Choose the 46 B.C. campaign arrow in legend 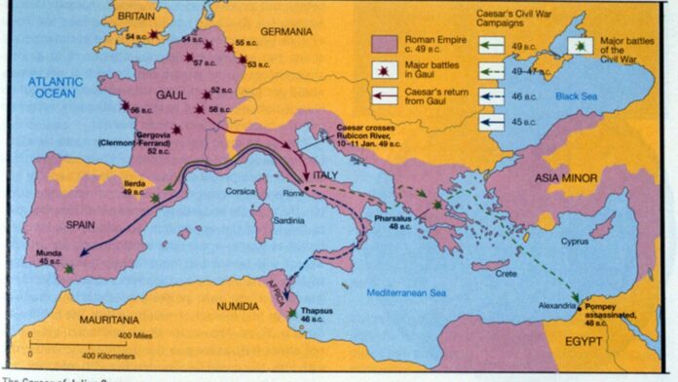coord(491,98)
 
